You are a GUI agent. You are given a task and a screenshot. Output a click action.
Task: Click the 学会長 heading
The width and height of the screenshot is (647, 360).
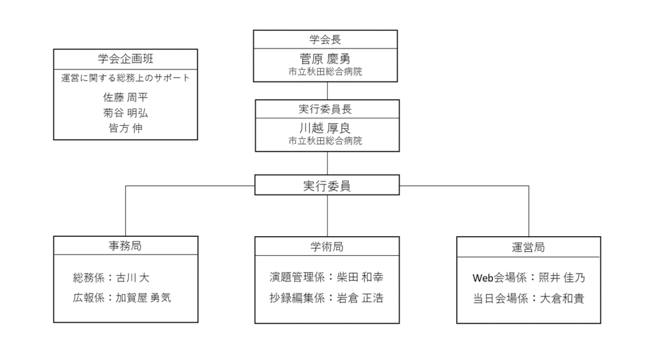pos(325,40)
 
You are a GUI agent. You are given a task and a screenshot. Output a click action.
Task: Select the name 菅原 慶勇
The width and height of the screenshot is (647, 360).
pos(325,59)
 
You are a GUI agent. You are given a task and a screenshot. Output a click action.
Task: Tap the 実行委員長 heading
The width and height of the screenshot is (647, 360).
pos(325,109)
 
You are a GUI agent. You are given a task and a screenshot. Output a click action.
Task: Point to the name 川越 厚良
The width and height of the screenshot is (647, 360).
pos(325,128)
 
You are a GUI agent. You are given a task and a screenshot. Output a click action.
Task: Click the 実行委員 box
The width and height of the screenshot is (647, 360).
pos(327,185)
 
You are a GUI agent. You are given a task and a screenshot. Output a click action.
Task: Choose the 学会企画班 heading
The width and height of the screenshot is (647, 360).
pos(126,59)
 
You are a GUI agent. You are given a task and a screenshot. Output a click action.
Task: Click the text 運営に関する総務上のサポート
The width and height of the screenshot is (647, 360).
pos(126,78)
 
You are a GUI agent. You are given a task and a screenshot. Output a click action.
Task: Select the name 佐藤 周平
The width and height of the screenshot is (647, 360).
pos(126,97)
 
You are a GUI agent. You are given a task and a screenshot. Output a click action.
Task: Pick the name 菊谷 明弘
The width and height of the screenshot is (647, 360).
pos(126,113)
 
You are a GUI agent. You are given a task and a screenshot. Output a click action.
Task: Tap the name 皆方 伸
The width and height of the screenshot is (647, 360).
pos(126,128)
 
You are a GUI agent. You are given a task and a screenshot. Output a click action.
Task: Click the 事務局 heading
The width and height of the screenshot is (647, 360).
pos(126,246)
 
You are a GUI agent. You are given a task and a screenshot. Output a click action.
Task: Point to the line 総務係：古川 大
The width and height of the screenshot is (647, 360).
pos(111,277)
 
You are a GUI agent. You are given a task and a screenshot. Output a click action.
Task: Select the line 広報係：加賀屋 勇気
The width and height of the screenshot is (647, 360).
pos(122,297)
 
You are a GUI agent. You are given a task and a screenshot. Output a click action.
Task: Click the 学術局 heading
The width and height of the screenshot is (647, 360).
pos(327,246)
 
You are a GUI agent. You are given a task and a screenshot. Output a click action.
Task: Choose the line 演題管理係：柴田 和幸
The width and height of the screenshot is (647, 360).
pos(327,277)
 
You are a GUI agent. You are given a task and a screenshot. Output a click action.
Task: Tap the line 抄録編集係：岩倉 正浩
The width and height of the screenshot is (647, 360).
pos(327,297)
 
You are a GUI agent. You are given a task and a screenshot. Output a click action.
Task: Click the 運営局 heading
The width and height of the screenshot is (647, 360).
pos(528,248)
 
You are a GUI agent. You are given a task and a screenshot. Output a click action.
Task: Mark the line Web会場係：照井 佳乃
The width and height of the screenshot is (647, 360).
pos(529,278)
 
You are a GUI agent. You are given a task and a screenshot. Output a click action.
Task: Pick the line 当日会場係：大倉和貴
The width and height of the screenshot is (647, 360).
pos(529,299)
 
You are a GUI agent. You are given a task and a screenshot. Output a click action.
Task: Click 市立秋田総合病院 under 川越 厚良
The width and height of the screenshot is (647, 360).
pos(325,141)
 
